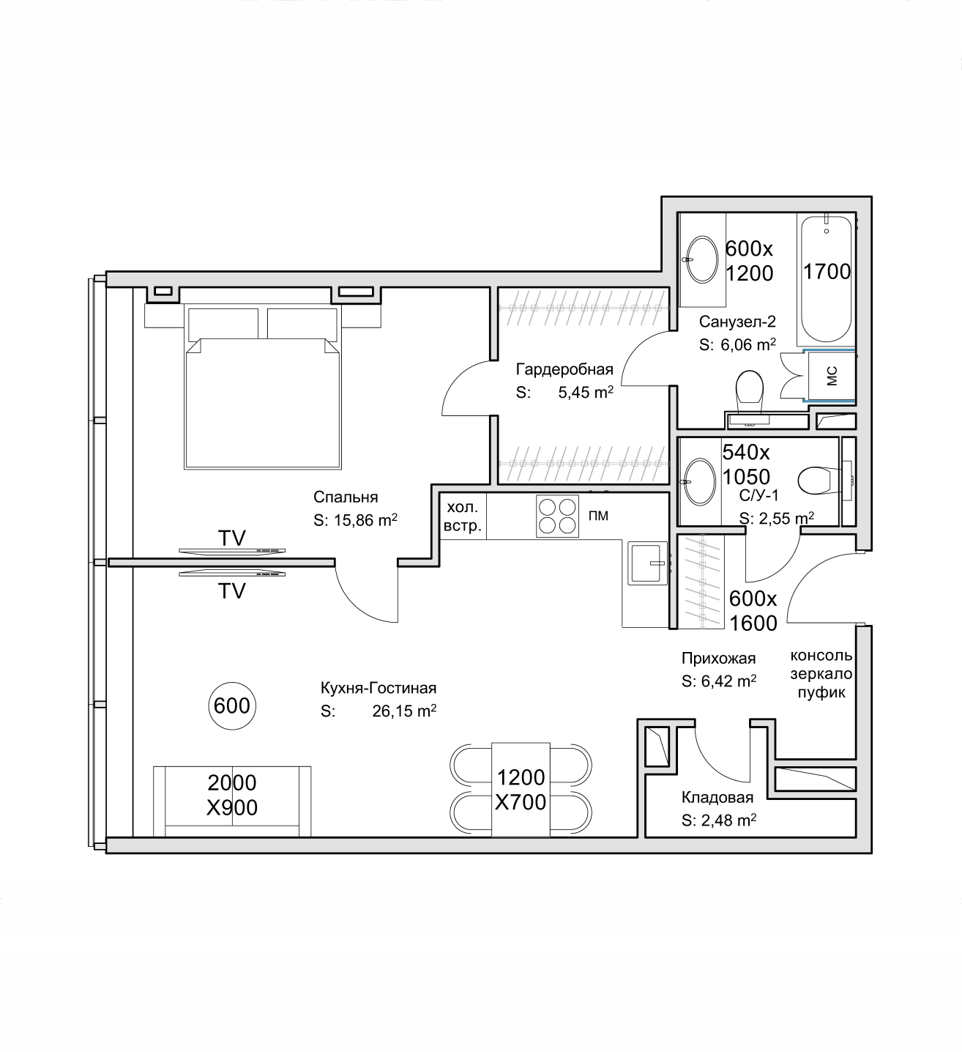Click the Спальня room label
346,497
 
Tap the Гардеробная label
564,369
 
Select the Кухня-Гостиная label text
379,687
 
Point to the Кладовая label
717,797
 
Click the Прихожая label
718,658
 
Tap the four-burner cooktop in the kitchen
557,516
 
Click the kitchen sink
647,563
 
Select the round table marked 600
232,706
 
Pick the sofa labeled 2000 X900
232,801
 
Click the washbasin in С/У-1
699,481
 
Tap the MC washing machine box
832,376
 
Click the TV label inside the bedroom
232,538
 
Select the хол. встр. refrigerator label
463,516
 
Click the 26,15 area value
395,711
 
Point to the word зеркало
821,674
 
